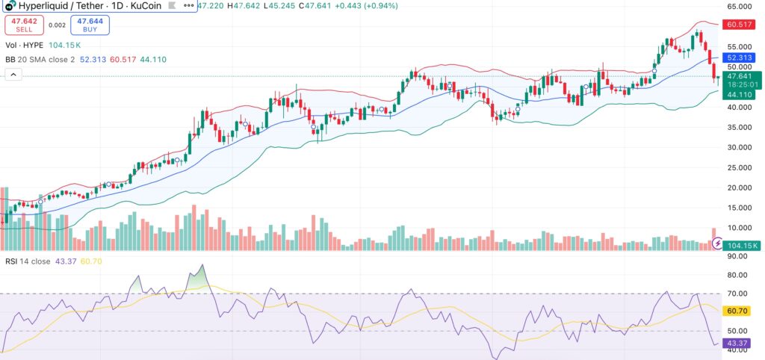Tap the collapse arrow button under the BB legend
(13, 74)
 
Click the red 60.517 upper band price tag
(740, 24)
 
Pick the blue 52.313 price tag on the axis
(740, 57)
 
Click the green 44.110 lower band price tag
(740, 95)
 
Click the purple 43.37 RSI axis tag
(738, 344)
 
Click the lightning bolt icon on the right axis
(718, 243)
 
